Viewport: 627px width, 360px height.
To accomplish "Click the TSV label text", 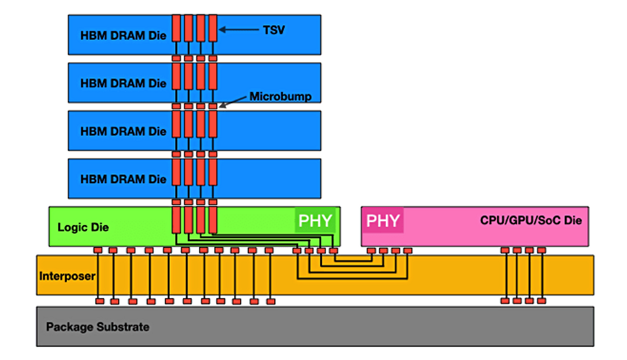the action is click(x=274, y=30).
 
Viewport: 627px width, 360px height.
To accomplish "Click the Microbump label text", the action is click(x=281, y=96).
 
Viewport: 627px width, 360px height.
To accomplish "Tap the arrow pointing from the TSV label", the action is click(x=239, y=29).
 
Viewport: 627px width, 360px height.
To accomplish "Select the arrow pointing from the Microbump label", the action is click(x=233, y=102).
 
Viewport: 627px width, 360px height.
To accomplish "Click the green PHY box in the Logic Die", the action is click(x=315, y=220).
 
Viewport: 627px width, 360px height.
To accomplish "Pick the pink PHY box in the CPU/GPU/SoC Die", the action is click(x=383, y=220).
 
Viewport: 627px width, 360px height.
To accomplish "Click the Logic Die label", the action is click(x=83, y=227).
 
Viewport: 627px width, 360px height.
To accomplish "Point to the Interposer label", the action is click(x=68, y=276).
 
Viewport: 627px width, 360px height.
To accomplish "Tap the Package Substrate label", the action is click(x=97, y=327).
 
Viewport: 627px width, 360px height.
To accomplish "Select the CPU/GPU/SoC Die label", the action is click(x=531, y=220).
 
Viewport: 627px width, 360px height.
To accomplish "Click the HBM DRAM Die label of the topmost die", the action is click(x=123, y=36).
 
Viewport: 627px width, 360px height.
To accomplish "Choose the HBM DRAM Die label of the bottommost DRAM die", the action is click(x=123, y=179).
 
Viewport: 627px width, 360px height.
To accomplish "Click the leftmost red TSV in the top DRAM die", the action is click(x=176, y=28).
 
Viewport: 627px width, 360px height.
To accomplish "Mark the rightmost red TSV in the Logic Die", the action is click(x=213, y=220).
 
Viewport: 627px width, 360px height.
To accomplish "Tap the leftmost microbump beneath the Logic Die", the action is click(x=97, y=250).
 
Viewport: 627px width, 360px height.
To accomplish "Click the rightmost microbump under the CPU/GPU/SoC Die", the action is click(x=541, y=250).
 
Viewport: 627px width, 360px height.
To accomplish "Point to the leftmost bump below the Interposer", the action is click(x=99, y=301).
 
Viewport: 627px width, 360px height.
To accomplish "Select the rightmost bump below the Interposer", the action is click(x=541, y=301).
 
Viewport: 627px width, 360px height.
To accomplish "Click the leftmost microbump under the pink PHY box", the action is click(x=371, y=251).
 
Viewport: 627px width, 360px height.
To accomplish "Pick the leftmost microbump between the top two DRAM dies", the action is click(x=176, y=58).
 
